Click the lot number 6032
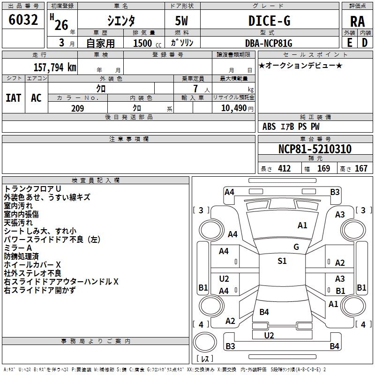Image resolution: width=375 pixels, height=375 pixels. (x=23, y=20)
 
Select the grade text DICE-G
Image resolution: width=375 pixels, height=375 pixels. (x=269, y=21)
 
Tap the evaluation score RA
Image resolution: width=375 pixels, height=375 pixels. (x=357, y=21)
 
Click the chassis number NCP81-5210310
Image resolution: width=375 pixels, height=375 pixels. (x=315, y=150)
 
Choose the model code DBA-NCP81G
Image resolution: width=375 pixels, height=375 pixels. (x=269, y=43)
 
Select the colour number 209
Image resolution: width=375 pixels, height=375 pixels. (x=77, y=108)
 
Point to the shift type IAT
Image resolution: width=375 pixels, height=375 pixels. (x=13, y=97)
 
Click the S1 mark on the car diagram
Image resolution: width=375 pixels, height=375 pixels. (x=282, y=261)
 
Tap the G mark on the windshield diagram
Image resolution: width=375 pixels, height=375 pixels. (x=296, y=247)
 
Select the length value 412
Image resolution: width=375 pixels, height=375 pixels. (x=284, y=168)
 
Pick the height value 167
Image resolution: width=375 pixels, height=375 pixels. (x=361, y=168)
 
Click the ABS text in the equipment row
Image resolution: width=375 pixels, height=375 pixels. (x=269, y=127)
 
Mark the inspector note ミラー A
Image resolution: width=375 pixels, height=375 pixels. (x=18, y=247)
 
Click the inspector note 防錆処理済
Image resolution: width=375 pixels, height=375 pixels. (x=21, y=256)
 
